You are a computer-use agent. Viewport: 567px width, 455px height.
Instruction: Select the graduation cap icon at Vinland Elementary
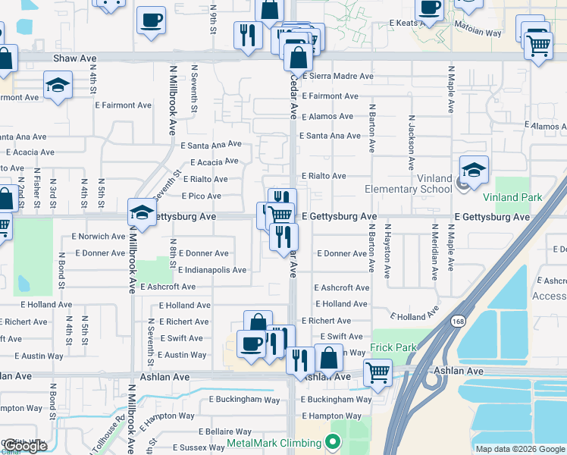tap(474, 169)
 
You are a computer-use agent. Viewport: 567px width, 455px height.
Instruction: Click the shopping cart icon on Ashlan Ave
tap(377, 372)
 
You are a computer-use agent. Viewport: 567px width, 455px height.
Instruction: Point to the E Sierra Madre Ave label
tap(338, 77)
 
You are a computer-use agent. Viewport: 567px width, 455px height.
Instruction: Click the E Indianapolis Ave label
tap(212, 270)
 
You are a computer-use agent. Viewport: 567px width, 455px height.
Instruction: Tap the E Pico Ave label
tap(199, 196)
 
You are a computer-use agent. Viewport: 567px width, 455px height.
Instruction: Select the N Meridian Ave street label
tap(434, 247)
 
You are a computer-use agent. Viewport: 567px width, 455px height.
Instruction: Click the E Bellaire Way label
tap(208, 431)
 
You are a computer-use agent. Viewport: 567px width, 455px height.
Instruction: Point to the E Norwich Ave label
tap(99, 236)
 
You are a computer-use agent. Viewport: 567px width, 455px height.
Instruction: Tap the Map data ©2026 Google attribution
tap(519, 449)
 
